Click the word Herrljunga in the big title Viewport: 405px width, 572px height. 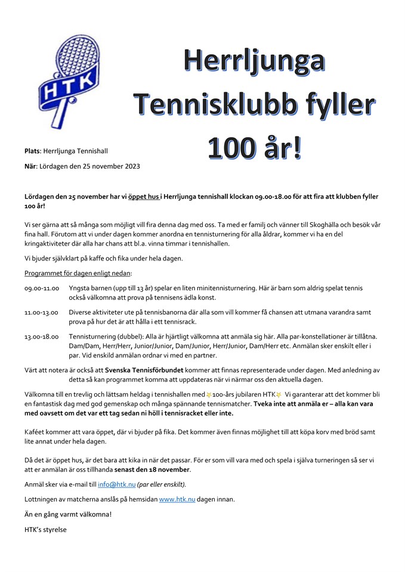(x=254, y=61)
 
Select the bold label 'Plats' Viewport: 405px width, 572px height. (x=32, y=151)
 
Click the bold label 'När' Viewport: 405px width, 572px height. (x=31, y=166)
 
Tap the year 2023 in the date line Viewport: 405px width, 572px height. (x=131, y=166)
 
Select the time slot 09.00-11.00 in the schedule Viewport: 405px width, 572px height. (x=42, y=288)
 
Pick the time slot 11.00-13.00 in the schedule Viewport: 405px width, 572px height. (x=42, y=312)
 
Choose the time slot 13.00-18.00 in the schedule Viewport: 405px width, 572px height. (x=42, y=337)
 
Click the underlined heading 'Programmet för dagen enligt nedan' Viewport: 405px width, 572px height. (x=78, y=273)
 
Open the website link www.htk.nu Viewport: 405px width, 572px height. (x=177, y=499)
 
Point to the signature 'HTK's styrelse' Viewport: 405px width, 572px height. (x=46, y=529)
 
